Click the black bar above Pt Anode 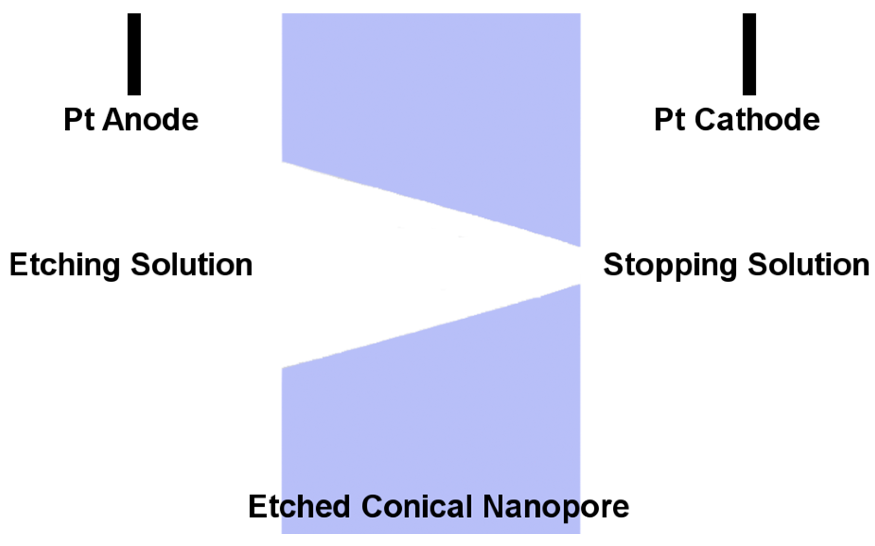point(134,54)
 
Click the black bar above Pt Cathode point(749,54)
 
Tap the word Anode point(151,119)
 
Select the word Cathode point(757,119)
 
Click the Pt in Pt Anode point(79,119)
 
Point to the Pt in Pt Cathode point(670,119)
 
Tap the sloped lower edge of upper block point(430,204)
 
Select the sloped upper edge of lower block point(430,326)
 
